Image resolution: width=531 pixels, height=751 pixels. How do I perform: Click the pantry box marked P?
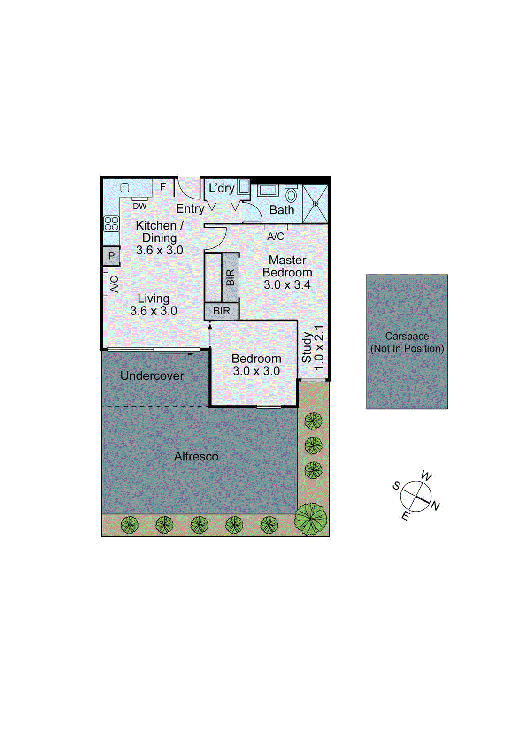[x=111, y=256]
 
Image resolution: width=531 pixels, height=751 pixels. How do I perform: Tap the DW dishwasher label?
[x=139, y=206]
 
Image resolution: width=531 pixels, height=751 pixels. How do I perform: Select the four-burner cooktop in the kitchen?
[x=112, y=223]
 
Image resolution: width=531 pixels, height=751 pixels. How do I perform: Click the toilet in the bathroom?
[x=291, y=194]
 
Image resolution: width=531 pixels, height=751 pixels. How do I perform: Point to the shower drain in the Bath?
[x=316, y=204]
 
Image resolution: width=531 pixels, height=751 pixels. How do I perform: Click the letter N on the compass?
[x=435, y=506]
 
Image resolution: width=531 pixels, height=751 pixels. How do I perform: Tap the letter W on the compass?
[x=426, y=476]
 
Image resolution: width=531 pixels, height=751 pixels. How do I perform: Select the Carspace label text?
[x=407, y=336]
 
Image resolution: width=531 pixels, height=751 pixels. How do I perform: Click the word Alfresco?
[x=196, y=456]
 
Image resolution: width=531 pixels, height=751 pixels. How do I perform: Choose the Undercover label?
[x=152, y=375]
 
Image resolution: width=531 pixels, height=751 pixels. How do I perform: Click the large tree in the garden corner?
[x=310, y=519]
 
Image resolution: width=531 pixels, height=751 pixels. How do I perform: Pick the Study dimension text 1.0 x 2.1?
[x=319, y=347]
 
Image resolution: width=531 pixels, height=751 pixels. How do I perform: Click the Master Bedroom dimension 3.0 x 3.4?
[x=287, y=284]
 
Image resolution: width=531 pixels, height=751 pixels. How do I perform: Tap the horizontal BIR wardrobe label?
[x=222, y=311]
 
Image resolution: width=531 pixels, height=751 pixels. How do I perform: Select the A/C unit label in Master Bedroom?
[x=276, y=236]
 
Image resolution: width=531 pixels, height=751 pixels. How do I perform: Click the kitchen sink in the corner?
[x=125, y=188]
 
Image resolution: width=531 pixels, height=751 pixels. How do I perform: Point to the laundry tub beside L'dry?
[x=243, y=187]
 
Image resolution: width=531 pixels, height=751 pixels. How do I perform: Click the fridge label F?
[x=163, y=187]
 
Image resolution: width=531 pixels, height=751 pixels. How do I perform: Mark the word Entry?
[x=190, y=208]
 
